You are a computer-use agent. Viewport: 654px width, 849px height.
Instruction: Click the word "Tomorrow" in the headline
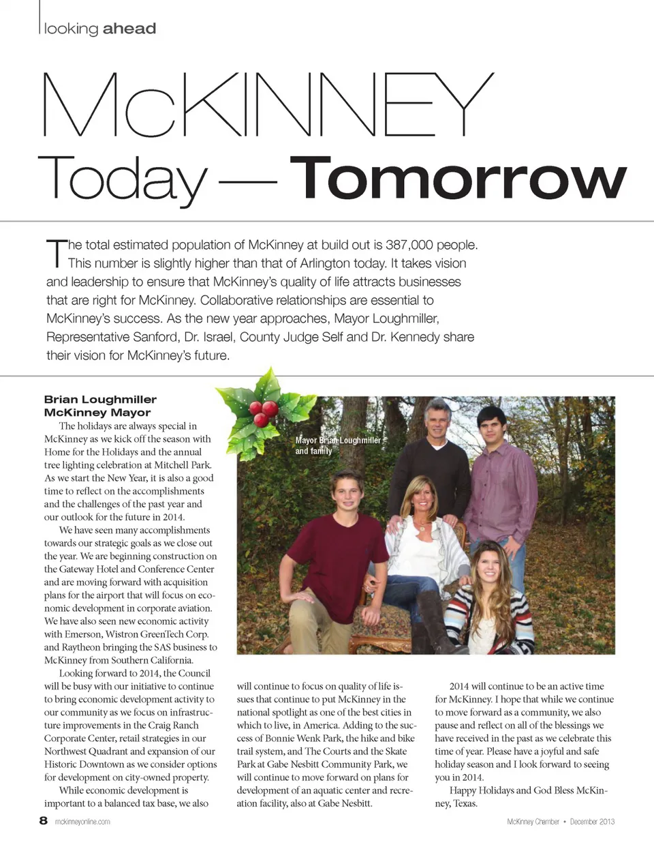click(458, 179)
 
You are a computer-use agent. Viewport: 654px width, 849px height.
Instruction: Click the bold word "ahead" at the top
click(129, 29)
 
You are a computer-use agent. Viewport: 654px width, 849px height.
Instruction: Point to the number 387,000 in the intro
click(409, 245)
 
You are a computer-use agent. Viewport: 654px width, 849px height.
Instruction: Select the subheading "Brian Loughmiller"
click(100, 400)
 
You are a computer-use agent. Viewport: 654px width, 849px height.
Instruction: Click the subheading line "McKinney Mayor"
click(97, 413)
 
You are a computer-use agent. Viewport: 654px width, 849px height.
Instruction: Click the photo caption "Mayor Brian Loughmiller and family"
click(337, 445)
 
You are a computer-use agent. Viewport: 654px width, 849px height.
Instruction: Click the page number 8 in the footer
click(44, 821)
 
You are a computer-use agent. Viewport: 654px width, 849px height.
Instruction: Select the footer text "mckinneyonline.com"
click(82, 822)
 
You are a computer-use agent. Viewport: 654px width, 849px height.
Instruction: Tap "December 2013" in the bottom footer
click(592, 822)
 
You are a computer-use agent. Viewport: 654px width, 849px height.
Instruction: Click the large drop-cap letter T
click(55, 253)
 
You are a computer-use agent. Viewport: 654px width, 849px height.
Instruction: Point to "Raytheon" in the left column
click(81, 647)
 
